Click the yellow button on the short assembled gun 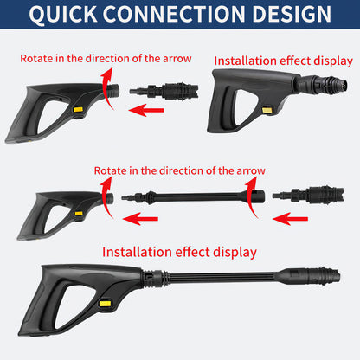tap(267, 111)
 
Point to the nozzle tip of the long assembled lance tap(337, 276)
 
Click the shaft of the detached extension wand tap(201, 197)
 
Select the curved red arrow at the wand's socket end tap(251, 196)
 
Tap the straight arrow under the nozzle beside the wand tap(290, 219)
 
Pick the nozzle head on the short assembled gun tap(335, 84)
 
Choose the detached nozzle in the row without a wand tap(164, 91)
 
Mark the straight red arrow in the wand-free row tap(146, 110)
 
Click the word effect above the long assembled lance tap(192, 252)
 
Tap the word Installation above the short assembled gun tap(244, 61)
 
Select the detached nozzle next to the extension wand tap(308, 196)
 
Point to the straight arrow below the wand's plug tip tap(140, 219)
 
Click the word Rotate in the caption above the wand tap(109, 170)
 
